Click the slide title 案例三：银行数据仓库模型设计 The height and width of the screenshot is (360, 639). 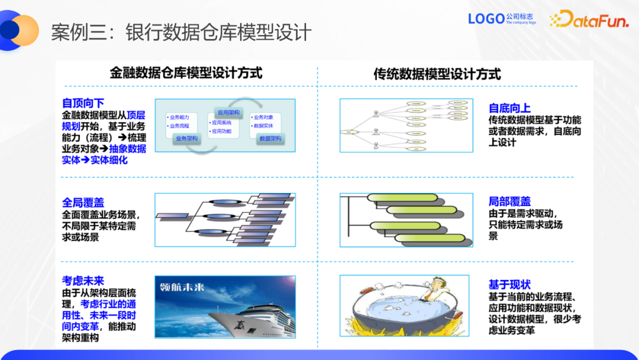tap(181, 32)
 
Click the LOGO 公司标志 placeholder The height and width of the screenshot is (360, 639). tap(502, 19)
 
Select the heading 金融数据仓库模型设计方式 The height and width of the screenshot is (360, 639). tap(186, 73)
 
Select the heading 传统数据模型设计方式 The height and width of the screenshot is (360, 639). tap(437, 74)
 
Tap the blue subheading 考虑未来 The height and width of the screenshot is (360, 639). tap(83, 281)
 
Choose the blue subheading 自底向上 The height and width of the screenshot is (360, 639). tap(509, 108)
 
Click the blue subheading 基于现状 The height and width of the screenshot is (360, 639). tap(509, 285)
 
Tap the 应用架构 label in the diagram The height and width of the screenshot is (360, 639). tap(228, 112)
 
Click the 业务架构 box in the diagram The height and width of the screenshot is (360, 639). tap(187, 139)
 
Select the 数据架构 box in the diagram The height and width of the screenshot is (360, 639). tap(270, 139)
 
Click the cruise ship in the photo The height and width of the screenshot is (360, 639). tap(237, 317)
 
